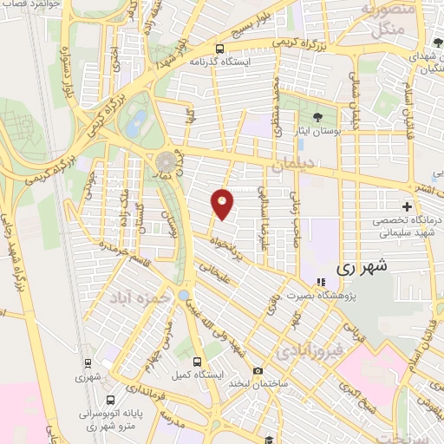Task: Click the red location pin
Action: (x=223, y=203)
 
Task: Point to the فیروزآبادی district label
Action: (x=309, y=350)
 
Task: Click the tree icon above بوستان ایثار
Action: (x=317, y=115)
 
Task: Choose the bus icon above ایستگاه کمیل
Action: (x=197, y=362)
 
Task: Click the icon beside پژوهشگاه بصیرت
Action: (x=321, y=281)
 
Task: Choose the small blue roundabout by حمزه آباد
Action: (x=184, y=296)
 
